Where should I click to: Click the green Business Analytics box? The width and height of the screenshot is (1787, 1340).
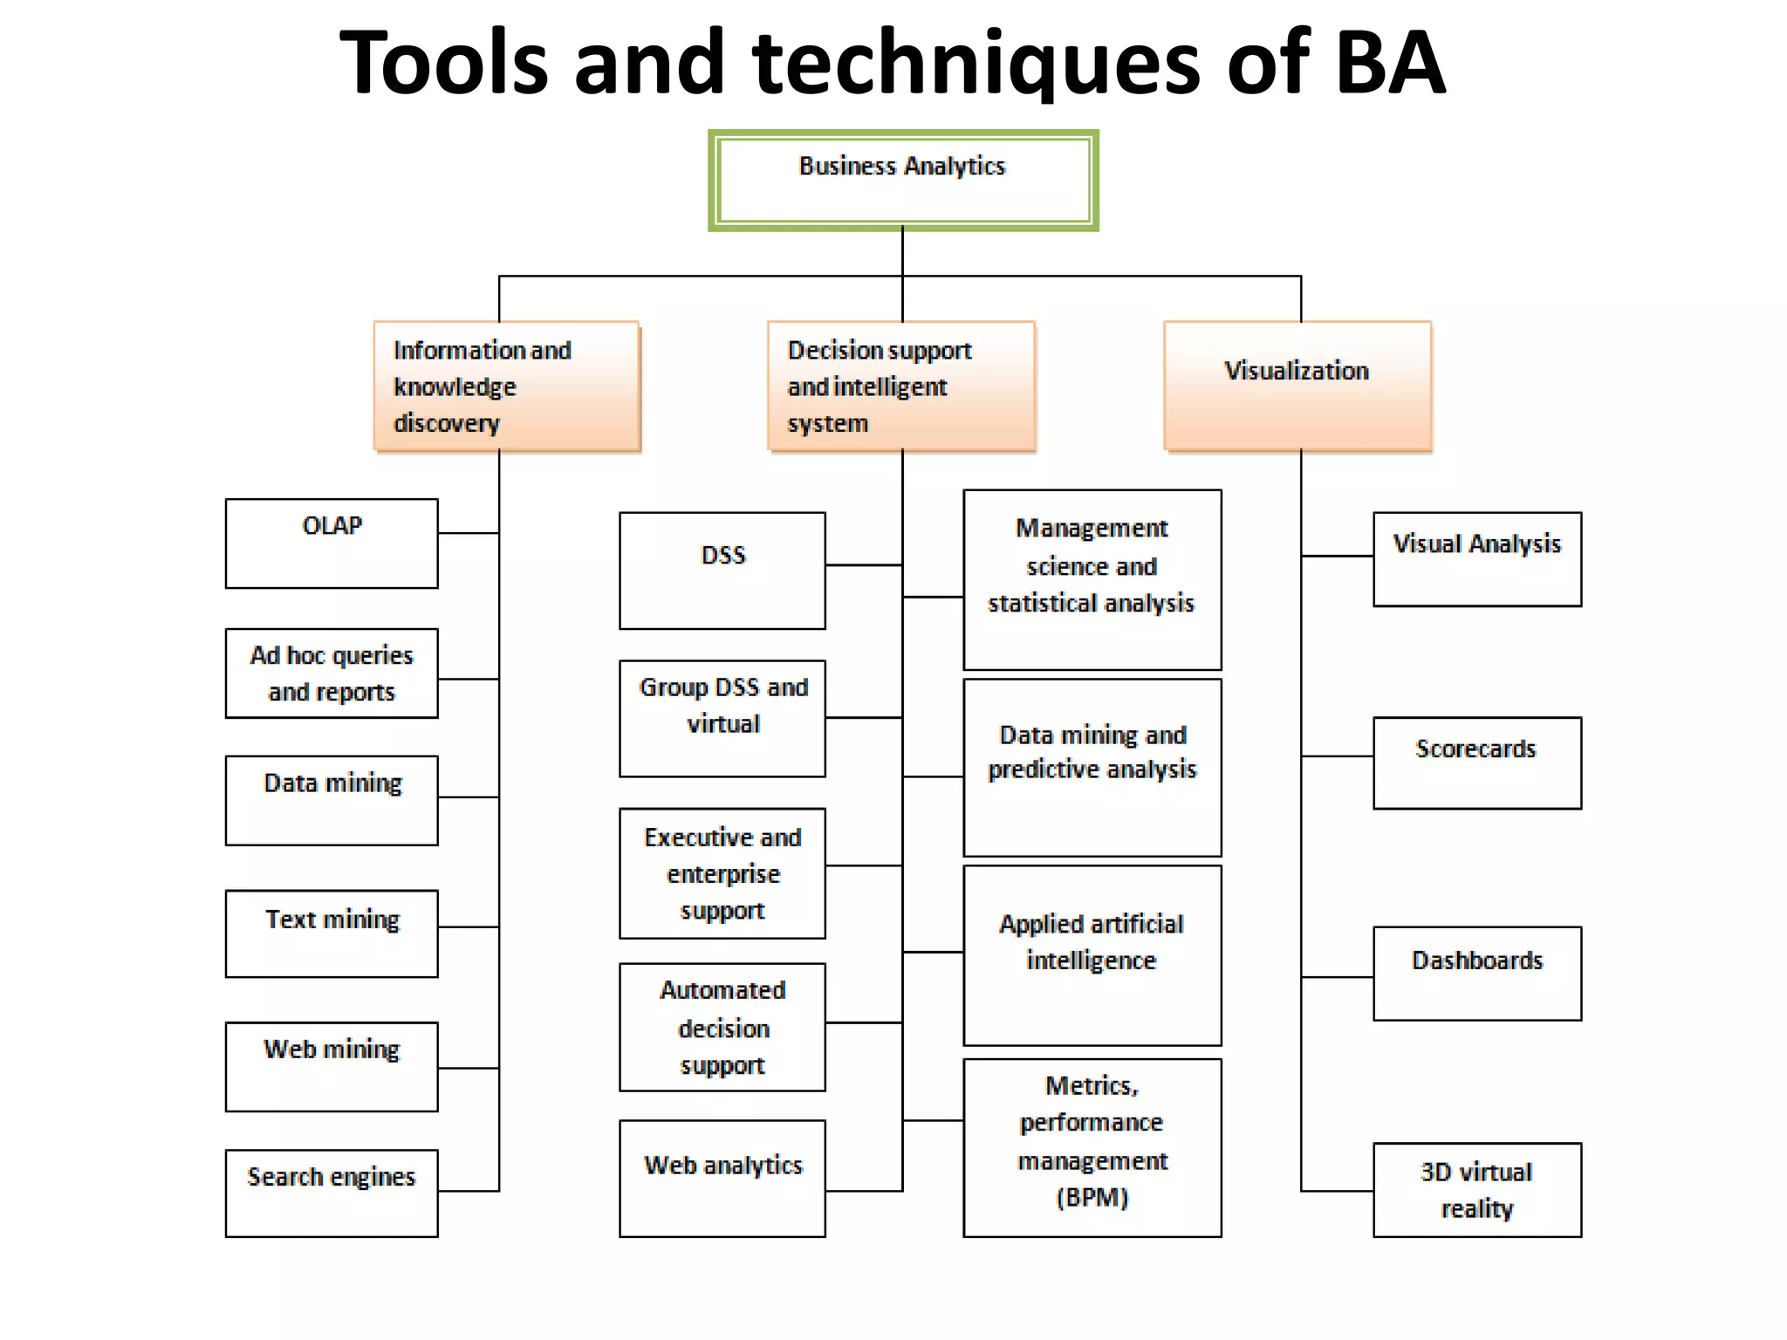pyautogui.click(x=902, y=180)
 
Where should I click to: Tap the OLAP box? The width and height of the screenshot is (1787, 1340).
pyautogui.click(x=332, y=543)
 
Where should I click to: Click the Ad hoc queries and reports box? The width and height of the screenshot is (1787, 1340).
pyautogui.click(x=332, y=673)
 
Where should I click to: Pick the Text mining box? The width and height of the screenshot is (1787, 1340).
pyautogui.click(x=332, y=933)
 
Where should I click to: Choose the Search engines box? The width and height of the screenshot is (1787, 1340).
pyautogui.click(x=332, y=1192)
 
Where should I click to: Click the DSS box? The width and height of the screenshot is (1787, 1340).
pyautogui.click(x=722, y=570)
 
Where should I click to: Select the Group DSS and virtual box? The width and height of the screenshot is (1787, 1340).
pyautogui.click(x=722, y=717)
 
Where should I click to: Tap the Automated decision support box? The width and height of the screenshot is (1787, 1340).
pyautogui.click(x=722, y=1027)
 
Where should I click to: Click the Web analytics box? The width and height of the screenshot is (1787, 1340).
pyautogui.click(x=722, y=1177)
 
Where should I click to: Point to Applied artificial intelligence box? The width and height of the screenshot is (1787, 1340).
pyautogui.click(x=1092, y=954)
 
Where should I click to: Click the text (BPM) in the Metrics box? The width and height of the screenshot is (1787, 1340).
pyautogui.click(x=1092, y=1198)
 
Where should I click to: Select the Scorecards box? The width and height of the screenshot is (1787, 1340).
pyautogui.click(x=1476, y=762)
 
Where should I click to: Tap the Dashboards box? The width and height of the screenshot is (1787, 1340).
pyautogui.click(x=1476, y=973)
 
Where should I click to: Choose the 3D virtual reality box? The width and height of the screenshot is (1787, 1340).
pyautogui.click(x=1476, y=1189)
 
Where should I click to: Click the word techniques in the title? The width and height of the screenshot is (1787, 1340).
pyautogui.click(x=976, y=63)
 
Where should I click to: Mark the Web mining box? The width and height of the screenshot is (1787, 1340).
pyautogui.click(x=332, y=1065)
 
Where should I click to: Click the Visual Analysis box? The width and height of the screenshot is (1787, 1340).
pyautogui.click(x=1476, y=558)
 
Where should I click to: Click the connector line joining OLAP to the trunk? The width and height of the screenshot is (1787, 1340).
pyautogui.click(x=468, y=532)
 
